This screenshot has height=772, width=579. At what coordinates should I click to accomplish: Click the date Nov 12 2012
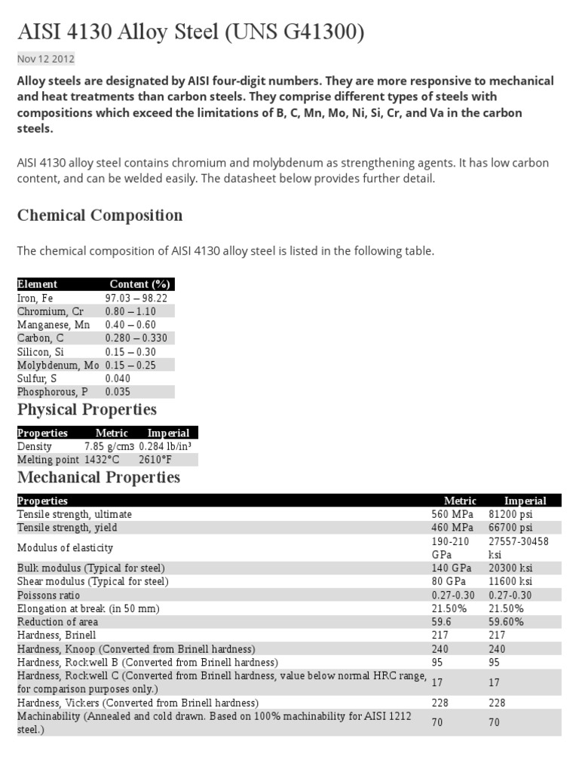(45, 59)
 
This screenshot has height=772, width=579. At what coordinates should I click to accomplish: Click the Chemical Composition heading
(100, 216)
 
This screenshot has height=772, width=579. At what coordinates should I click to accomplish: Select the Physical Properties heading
(87, 409)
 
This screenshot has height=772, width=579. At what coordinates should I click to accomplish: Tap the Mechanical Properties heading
(99, 477)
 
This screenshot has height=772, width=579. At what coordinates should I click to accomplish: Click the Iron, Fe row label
(35, 298)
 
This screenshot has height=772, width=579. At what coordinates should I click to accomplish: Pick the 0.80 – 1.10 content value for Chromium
(130, 311)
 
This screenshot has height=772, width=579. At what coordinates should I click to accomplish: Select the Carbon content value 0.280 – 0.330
(136, 339)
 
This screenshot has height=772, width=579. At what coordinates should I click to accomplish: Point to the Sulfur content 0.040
(118, 378)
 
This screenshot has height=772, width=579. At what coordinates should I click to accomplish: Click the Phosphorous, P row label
(52, 392)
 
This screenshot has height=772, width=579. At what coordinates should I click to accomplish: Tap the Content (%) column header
(139, 284)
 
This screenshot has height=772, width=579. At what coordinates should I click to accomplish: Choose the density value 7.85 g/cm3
(110, 446)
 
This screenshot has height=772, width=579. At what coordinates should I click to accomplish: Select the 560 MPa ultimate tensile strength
(447, 514)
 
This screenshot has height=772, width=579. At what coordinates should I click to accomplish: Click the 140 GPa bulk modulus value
(447, 568)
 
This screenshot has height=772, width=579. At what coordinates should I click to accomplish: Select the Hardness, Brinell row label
(51, 636)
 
